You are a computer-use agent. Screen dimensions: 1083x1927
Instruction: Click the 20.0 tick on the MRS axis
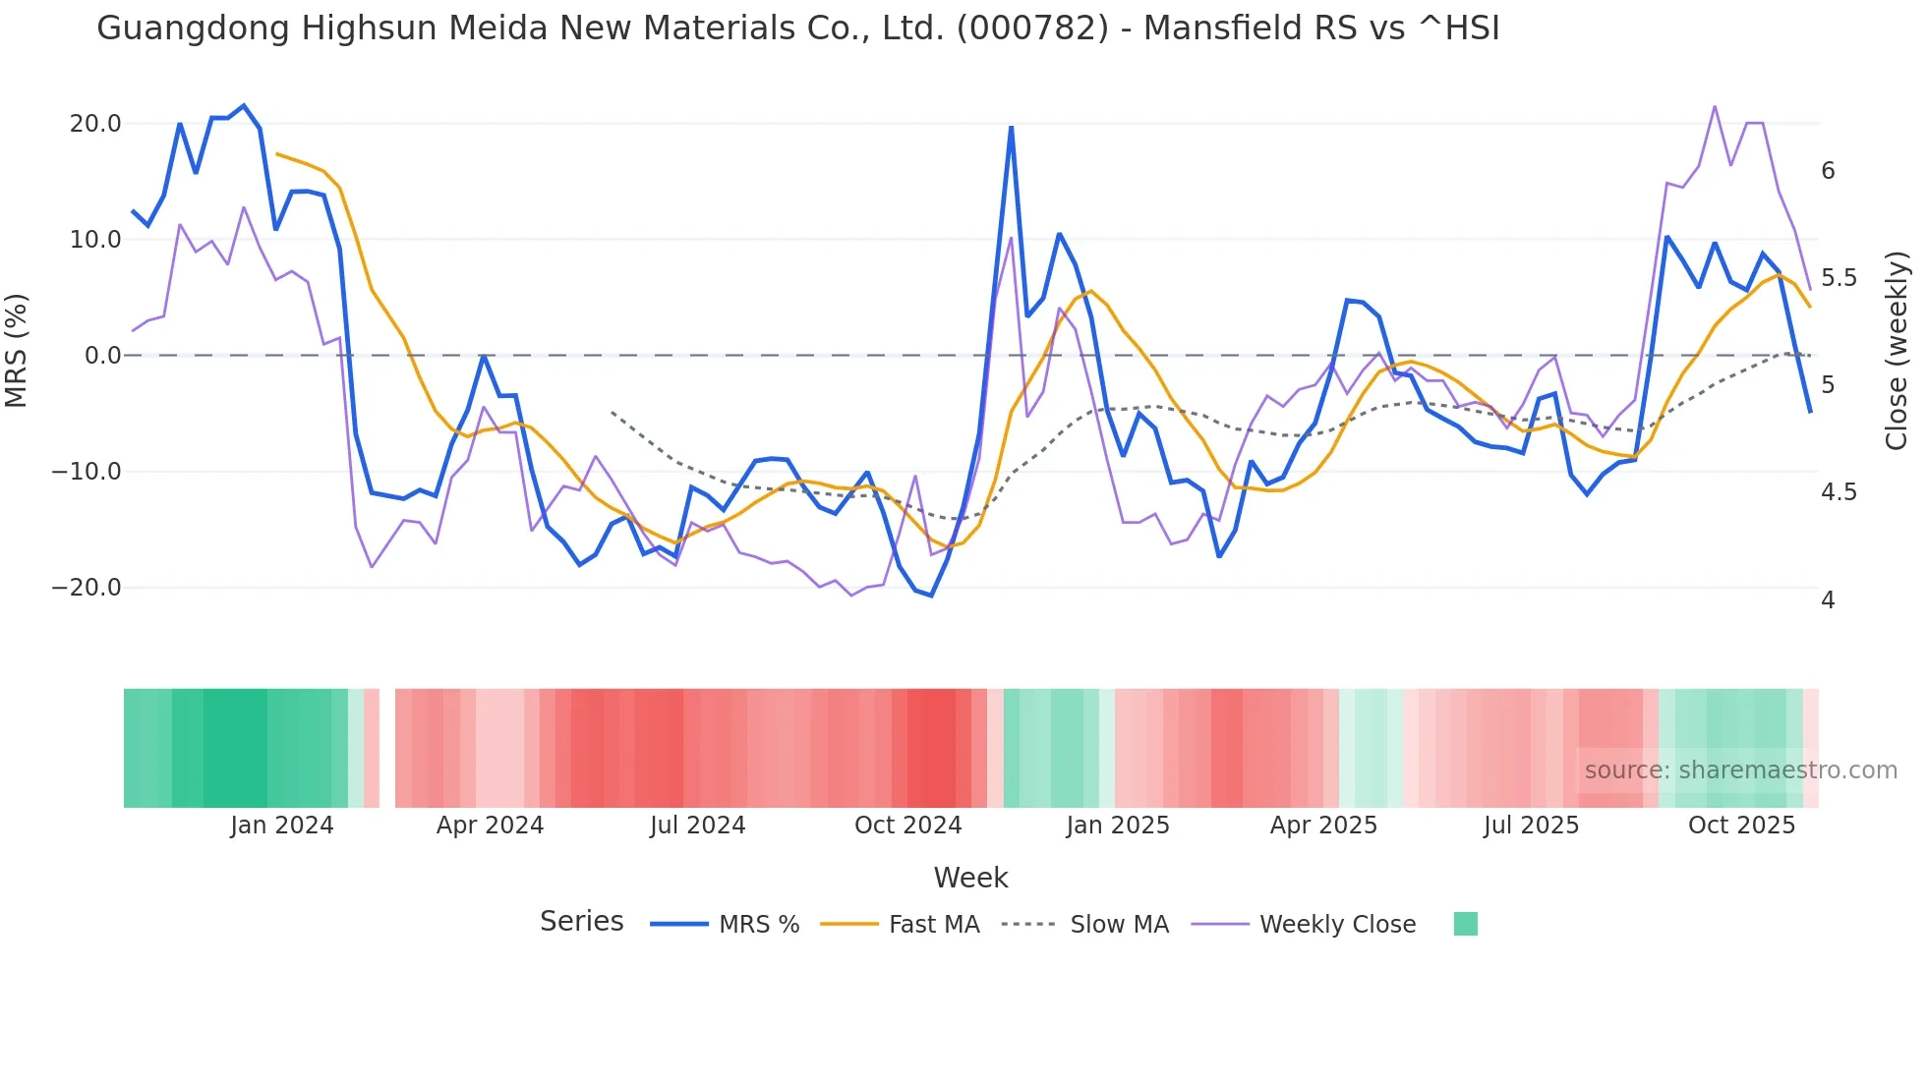(95, 124)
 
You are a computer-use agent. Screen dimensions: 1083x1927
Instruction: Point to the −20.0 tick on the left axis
(87, 588)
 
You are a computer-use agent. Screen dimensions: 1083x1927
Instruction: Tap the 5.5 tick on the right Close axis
(1839, 278)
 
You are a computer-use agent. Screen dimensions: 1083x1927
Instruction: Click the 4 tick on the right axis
(1828, 599)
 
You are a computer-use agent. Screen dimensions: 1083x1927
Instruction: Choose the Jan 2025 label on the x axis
(1118, 826)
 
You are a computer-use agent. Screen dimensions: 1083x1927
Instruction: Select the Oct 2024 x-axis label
(907, 826)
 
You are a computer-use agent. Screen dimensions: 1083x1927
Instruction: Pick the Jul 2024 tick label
(697, 826)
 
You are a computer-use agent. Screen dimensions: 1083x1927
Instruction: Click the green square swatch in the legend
(1465, 924)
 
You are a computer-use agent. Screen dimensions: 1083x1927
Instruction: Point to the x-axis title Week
(970, 878)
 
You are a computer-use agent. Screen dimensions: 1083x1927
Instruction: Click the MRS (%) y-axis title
(17, 350)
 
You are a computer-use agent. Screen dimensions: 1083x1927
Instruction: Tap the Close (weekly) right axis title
(1897, 351)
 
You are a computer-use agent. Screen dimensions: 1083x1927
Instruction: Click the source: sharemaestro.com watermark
(1740, 770)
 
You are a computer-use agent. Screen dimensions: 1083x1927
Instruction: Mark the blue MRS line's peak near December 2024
(1011, 127)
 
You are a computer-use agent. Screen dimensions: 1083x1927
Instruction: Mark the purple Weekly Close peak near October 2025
(1715, 106)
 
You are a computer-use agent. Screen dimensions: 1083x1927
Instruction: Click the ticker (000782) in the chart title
(1032, 28)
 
